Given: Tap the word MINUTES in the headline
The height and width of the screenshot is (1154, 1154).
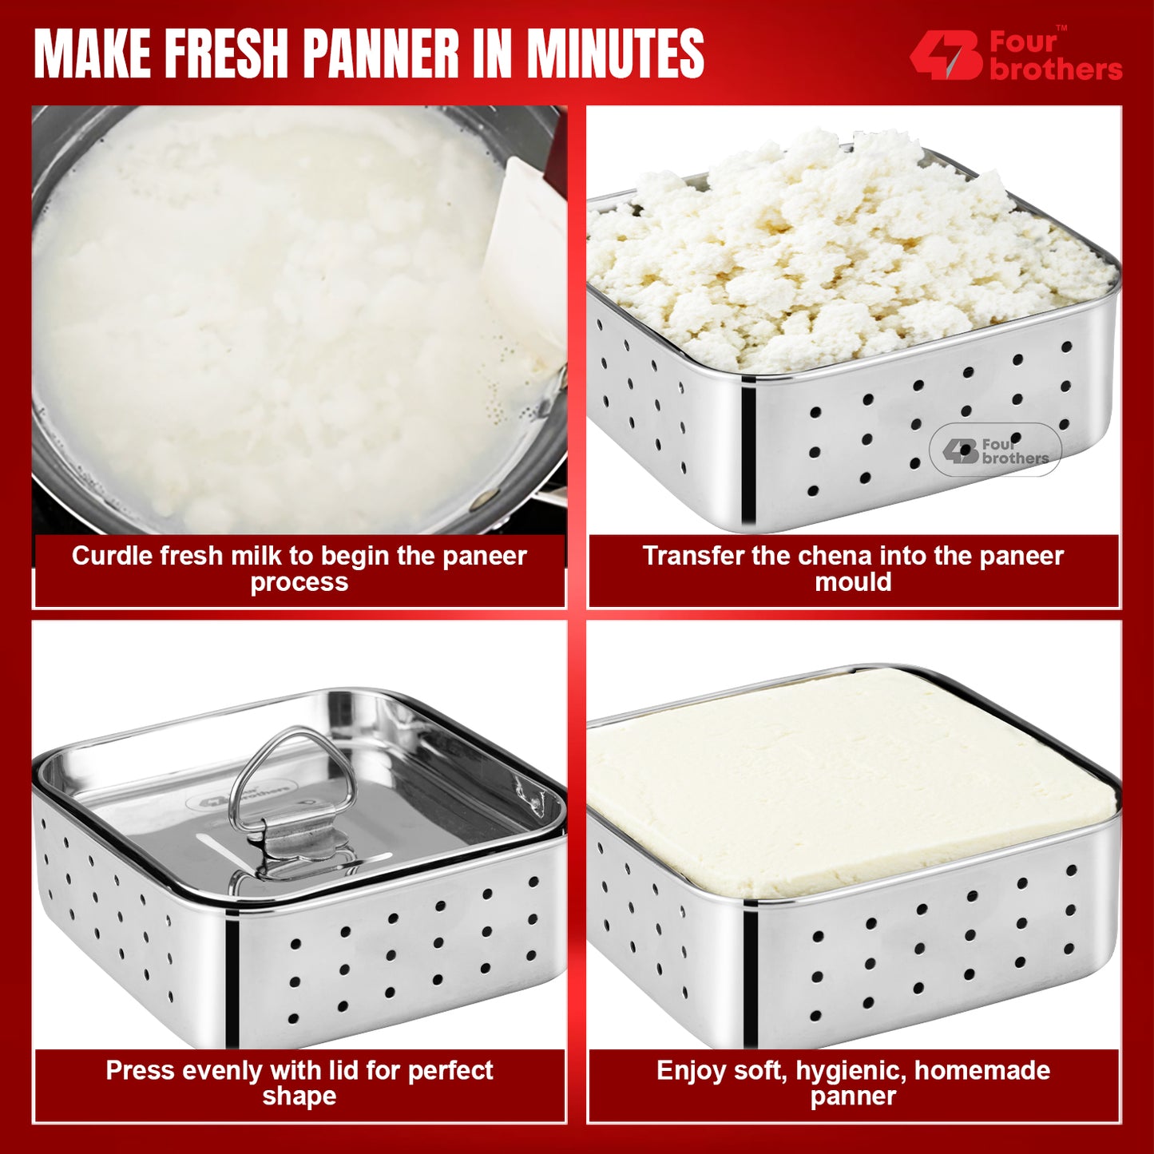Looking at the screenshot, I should pyautogui.click(x=615, y=54).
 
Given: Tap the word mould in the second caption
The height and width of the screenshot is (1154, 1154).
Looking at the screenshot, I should pyautogui.click(x=853, y=582).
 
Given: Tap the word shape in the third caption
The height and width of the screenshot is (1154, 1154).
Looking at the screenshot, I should pyautogui.click(x=299, y=1096).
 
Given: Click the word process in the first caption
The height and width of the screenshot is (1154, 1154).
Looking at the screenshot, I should pyautogui.click(x=299, y=582).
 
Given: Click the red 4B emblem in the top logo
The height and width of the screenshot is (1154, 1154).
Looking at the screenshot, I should pyautogui.click(x=946, y=55).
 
